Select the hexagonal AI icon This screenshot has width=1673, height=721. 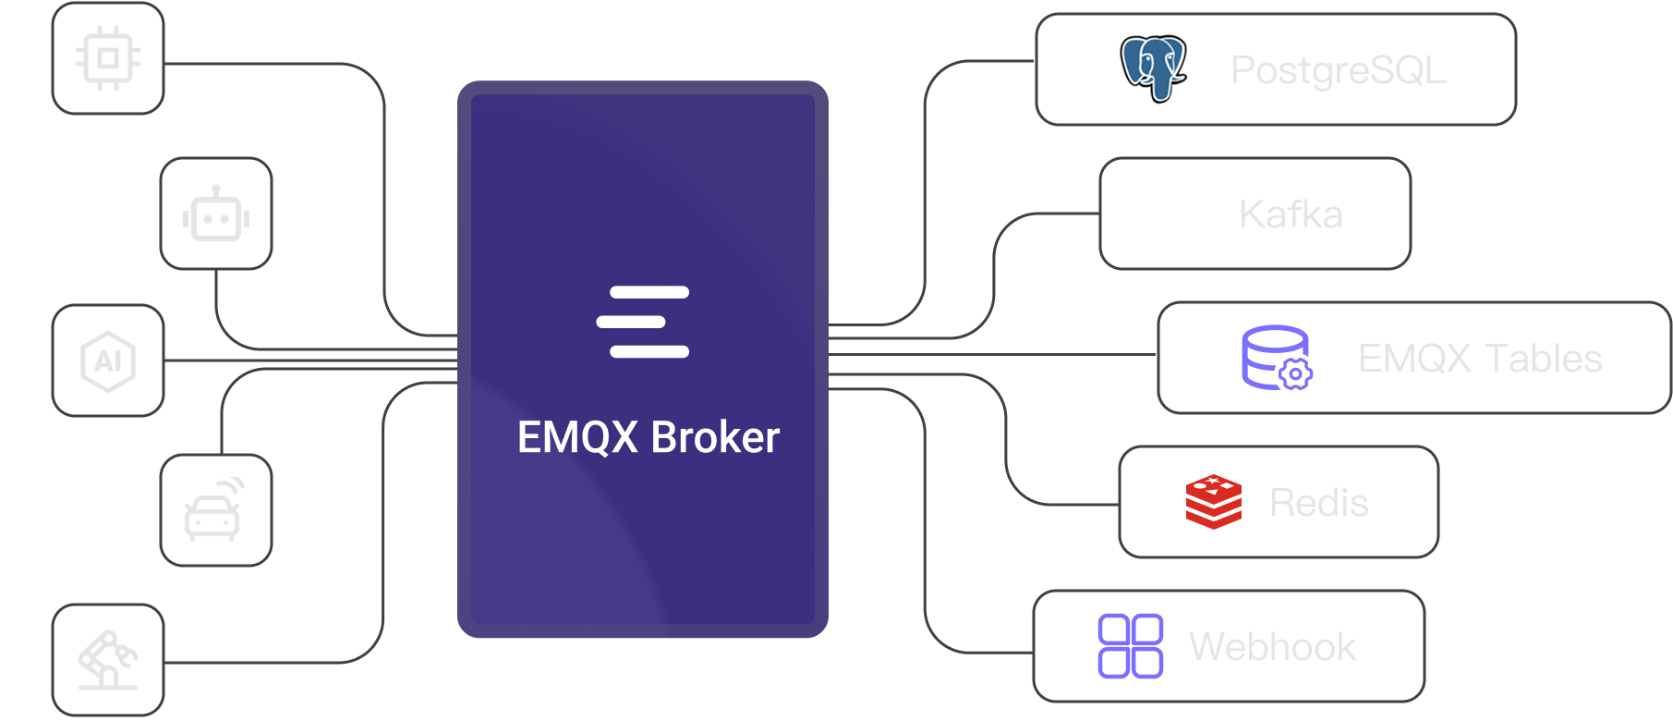(108, 360)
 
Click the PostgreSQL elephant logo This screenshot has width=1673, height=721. (1153, 68)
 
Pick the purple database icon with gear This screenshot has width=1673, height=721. (1276, 358)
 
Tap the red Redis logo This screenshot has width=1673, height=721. (1213, 502)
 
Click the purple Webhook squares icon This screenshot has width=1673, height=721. (1130, 646)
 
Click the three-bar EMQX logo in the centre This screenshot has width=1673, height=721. (643, 322)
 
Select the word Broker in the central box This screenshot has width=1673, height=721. (715, 438)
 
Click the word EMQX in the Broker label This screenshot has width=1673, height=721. (577, 438)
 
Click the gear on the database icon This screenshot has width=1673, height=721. (1295, 373)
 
